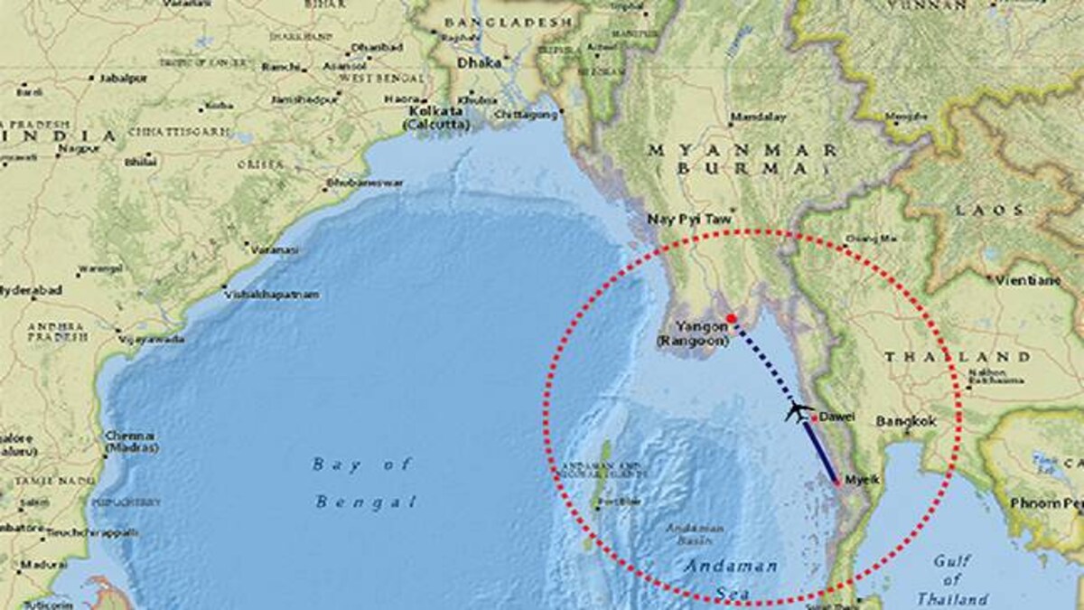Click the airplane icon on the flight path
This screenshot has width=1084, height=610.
point(798,412)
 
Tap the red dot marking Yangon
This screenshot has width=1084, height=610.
point(731,319)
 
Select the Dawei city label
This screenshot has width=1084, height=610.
point(836,418)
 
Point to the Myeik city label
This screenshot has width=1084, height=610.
point(859,481)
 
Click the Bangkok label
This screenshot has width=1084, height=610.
point(906,421)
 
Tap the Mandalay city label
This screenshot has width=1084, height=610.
point(758,117)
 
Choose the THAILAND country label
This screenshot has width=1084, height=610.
point(957,357)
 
